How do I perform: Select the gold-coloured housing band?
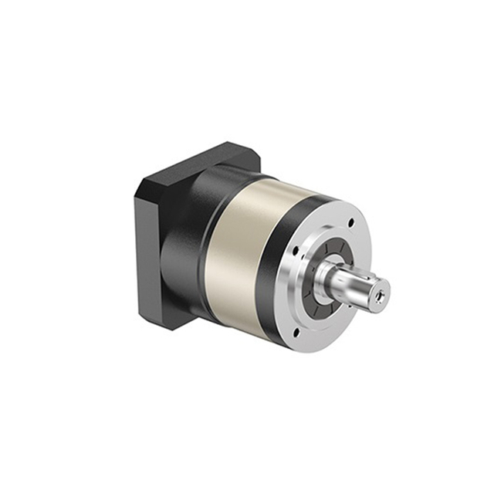coord(239,247)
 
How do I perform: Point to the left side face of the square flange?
coord(147,247)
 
